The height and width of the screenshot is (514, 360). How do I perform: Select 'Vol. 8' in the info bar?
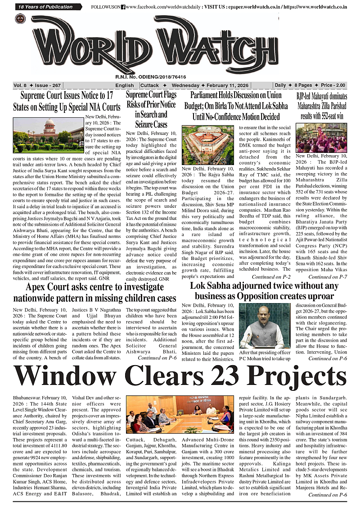click(x=20, y=85)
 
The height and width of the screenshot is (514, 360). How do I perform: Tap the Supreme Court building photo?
click(x=48, y=135)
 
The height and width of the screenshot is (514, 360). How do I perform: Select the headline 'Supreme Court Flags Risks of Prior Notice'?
click(x=151, y=109)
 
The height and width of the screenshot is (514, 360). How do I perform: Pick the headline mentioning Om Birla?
click(x=236, y=106)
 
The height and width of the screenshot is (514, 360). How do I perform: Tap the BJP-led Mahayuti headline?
click(x=321, y=107)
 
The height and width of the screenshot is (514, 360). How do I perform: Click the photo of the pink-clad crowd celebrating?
click(x=321, y=138)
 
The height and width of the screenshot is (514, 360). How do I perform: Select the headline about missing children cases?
click(x=94, y=293)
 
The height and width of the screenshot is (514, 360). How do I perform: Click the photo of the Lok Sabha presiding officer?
click(x=264, y=326)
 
